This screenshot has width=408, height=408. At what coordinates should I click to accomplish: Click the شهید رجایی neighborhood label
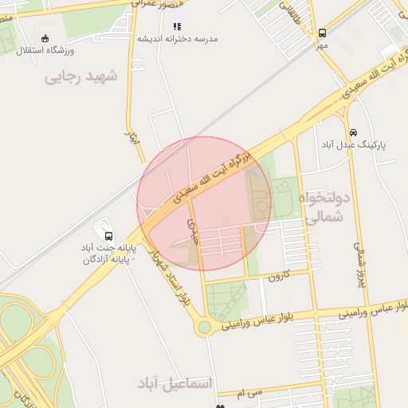point(80,77)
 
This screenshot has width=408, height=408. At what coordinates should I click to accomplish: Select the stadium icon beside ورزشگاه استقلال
point(45,38)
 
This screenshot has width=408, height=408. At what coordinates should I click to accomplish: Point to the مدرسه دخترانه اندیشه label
point(177,38)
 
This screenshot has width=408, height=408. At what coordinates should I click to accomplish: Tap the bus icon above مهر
point(322,33)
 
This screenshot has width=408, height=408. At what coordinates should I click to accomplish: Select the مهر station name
point(321,45)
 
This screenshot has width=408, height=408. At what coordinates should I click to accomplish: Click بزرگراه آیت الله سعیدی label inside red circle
point(208,175)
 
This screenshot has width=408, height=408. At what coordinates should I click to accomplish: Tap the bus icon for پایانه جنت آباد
point(108,236)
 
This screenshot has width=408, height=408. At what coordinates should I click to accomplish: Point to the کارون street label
point(277,276)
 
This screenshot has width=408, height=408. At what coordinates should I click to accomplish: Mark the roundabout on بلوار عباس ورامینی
point(205,326)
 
